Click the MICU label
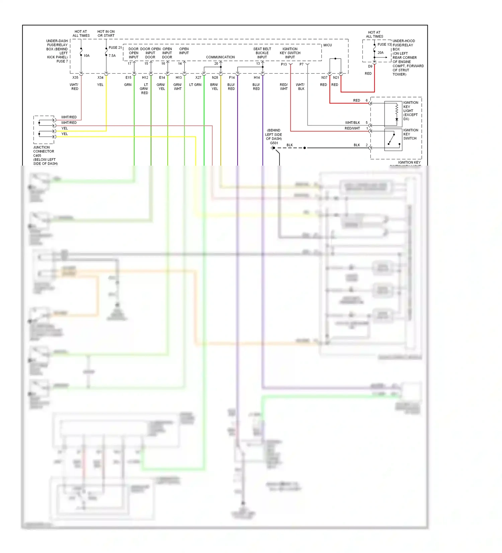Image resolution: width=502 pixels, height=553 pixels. (327, 45)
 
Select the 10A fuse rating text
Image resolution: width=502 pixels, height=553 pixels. (86, 56)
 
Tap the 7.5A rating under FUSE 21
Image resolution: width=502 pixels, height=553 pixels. (112, 56)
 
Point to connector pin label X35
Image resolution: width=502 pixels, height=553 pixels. (75, 78)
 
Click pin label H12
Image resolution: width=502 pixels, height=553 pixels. (145, 78)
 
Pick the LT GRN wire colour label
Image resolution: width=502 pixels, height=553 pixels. (195, 85)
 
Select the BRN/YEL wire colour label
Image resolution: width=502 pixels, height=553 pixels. (214, 87)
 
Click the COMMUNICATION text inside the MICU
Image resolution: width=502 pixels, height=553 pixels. (220, 57)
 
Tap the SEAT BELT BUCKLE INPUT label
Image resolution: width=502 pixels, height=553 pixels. (262, 53)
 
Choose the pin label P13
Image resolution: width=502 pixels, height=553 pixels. (284, 64)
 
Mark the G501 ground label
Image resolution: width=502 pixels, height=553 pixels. (274, 143)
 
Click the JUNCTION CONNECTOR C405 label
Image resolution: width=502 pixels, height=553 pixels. (44, 151)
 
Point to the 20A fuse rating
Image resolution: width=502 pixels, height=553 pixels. (381, 53)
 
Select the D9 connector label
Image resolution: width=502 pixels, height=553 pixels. (370, 66)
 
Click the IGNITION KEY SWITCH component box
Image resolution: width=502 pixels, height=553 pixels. (393, 140)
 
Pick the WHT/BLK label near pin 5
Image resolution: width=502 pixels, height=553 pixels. (352, 123)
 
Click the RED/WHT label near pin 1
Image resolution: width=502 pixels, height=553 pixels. (352, 128)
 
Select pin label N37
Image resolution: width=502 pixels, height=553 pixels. (324, 78)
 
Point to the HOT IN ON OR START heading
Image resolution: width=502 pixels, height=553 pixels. (106, 33)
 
